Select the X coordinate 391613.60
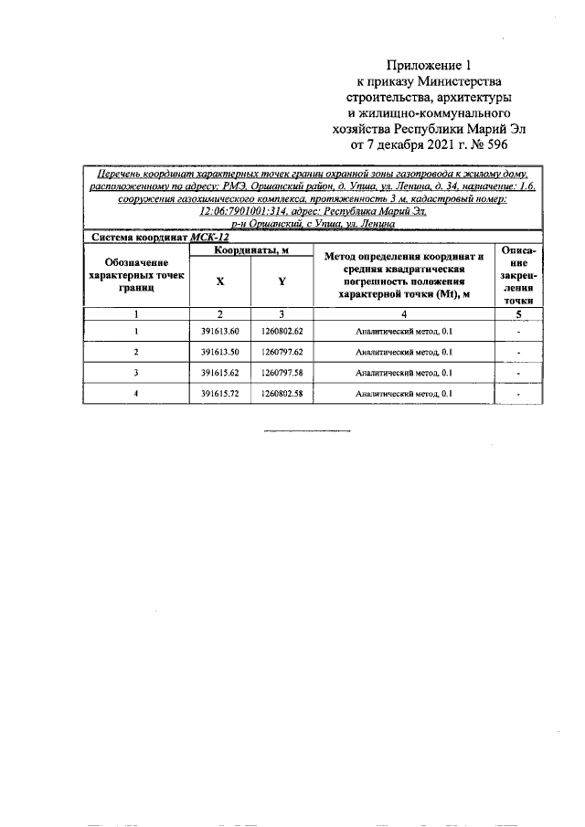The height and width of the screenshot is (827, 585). click(x=219, y=332)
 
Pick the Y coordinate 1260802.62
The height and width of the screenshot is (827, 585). click(x=281, y=332)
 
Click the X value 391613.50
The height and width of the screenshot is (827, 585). click(x=219, y=352)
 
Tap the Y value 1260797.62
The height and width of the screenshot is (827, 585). click(x=281, y=352)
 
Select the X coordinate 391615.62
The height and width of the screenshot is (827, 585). click(x=219, y=373)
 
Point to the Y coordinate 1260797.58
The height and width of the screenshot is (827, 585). click(x=281, y=373)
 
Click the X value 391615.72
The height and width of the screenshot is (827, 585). click(x=219, y=394)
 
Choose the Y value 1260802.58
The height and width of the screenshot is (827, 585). click(x=281, y=394)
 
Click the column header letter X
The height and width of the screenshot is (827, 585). click(x=219, y=282)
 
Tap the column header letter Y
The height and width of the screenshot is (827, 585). click(x=281, y=282)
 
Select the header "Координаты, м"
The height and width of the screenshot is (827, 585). click(x=250, y=250)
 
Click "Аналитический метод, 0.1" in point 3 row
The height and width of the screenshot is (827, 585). click(x=403, y=373)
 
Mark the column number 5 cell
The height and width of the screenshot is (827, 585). click(x=518, y=313)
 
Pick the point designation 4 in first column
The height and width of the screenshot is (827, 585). click(x=135, y=394)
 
